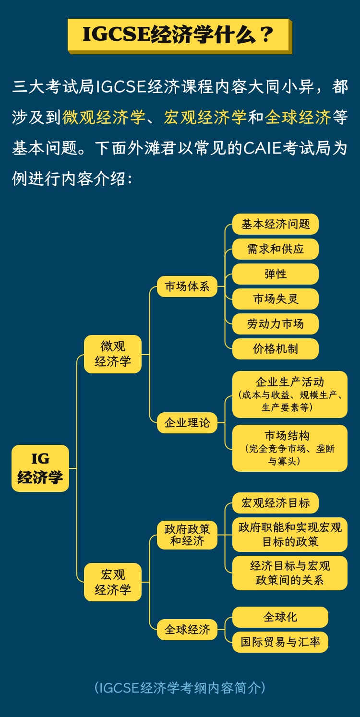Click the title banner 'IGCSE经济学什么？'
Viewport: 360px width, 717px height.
click(x=178, y=35)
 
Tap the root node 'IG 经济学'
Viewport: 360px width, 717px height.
click(x=40, y=468)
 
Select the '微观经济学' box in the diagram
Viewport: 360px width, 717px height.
click(x=113, y=354)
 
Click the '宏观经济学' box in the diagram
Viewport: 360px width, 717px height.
click(x=113, y=582)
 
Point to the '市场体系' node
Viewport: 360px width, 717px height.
click(x=187, y=287)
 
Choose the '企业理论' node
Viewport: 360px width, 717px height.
click(x=187, y=423)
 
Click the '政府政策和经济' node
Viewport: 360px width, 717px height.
click(x=187, y=535)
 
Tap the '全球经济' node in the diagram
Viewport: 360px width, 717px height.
click(x=187, y=629)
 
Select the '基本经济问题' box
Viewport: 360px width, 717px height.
click(x=276, y=224)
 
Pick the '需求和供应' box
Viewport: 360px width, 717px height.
click(x=276, y=249)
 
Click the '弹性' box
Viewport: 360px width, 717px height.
click(x=276, y=274)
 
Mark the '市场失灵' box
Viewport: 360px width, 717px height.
click(x=276, y=299)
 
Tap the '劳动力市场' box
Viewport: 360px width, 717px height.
click(x=276, y=324)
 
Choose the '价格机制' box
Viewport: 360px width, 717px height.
click(x=276, y=349)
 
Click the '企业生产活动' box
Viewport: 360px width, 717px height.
click(x=289, y=394)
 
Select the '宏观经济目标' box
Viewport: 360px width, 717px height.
click(x=276, y=503)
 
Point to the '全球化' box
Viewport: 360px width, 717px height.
click(x=280, y=617)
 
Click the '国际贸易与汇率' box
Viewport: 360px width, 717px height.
click(x=280, y=642)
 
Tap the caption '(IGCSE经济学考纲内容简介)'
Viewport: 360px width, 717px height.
click(x=180, y=688)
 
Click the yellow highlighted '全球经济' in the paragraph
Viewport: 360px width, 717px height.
click(x=298, y=117)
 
